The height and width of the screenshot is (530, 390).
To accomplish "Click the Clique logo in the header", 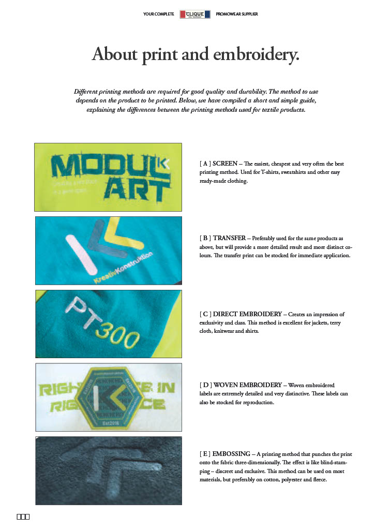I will [195, 14].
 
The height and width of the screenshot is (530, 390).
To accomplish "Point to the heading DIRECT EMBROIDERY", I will [248, 314].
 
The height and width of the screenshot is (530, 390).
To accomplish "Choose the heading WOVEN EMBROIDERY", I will [247, 385].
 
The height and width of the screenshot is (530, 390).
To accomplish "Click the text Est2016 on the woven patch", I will [107, 423].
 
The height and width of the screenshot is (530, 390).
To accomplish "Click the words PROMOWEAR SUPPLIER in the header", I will [236, 14].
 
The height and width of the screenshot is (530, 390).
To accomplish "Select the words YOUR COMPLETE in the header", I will [158, 14].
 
